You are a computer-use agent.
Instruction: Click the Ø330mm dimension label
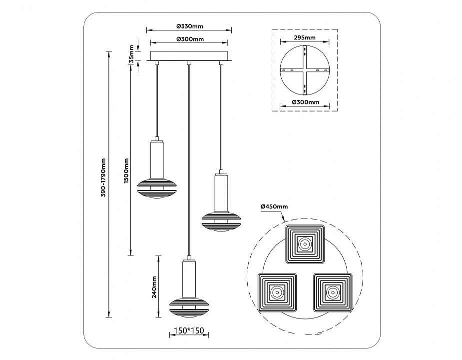point(190,26)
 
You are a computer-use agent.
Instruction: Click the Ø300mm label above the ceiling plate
point(190,39)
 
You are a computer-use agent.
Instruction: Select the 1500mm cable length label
point(127,170)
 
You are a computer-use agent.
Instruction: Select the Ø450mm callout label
point(274,206)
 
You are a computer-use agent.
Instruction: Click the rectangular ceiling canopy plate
point(190,55)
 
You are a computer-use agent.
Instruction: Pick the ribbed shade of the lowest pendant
point(189,306)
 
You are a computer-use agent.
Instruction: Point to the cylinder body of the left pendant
point(157,159)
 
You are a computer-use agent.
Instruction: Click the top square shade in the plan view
point(305,244)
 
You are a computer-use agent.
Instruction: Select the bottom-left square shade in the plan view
point(277,291)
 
